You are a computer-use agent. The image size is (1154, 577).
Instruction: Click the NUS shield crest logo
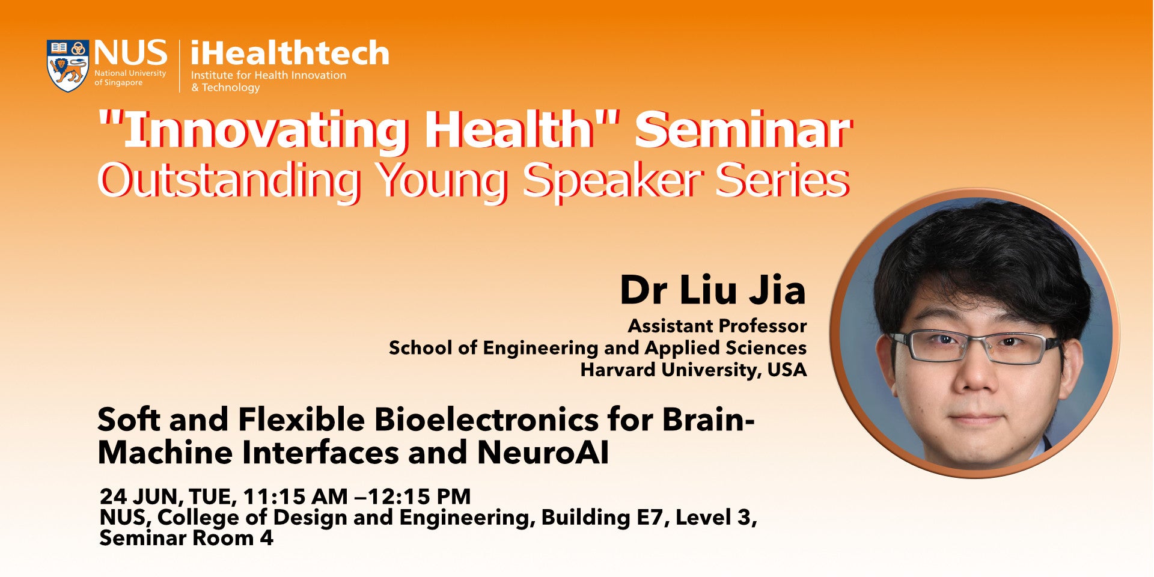(68, 66)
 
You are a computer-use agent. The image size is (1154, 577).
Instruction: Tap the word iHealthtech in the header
(290, 53)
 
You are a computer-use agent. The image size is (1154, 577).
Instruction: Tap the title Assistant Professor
(717, 326)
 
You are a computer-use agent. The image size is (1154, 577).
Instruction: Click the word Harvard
(618, 370)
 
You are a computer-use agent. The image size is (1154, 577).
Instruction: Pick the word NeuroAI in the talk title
(543, 453)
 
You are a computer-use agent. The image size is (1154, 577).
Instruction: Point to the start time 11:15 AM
(295, 496)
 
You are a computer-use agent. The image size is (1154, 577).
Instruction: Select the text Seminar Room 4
(186, 538)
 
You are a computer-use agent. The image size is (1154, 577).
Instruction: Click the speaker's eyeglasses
(975, 346)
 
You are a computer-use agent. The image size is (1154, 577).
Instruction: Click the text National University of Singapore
(130, 78)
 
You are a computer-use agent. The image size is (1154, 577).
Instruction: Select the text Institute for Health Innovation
(269, 75)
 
